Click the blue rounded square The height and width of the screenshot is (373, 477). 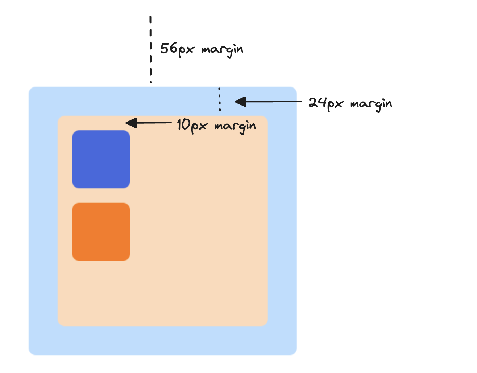(101, 159)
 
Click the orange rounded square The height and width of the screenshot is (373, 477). (101, 232)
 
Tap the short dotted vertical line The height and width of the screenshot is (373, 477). (219, 99)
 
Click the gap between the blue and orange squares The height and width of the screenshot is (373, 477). (101, 196)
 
